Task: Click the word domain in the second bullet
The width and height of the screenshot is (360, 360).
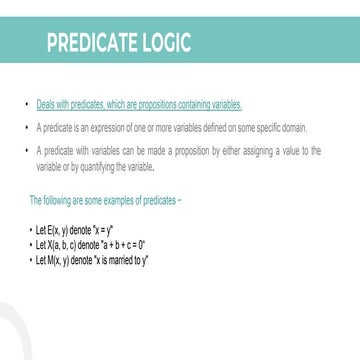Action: tap(296, 128)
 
